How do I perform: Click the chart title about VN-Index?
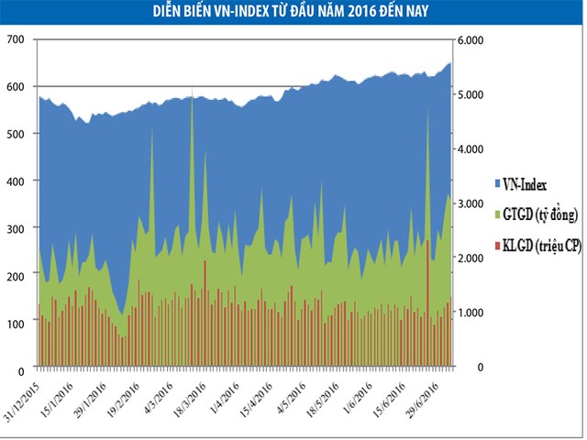click(293, 11)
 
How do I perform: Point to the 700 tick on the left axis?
click(16, 40)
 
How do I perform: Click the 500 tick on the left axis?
click(16, 134)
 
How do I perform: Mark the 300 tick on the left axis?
click(16, 227)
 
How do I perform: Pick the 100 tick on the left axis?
click(16, 322)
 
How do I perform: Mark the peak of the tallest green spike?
click(191, 91)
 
